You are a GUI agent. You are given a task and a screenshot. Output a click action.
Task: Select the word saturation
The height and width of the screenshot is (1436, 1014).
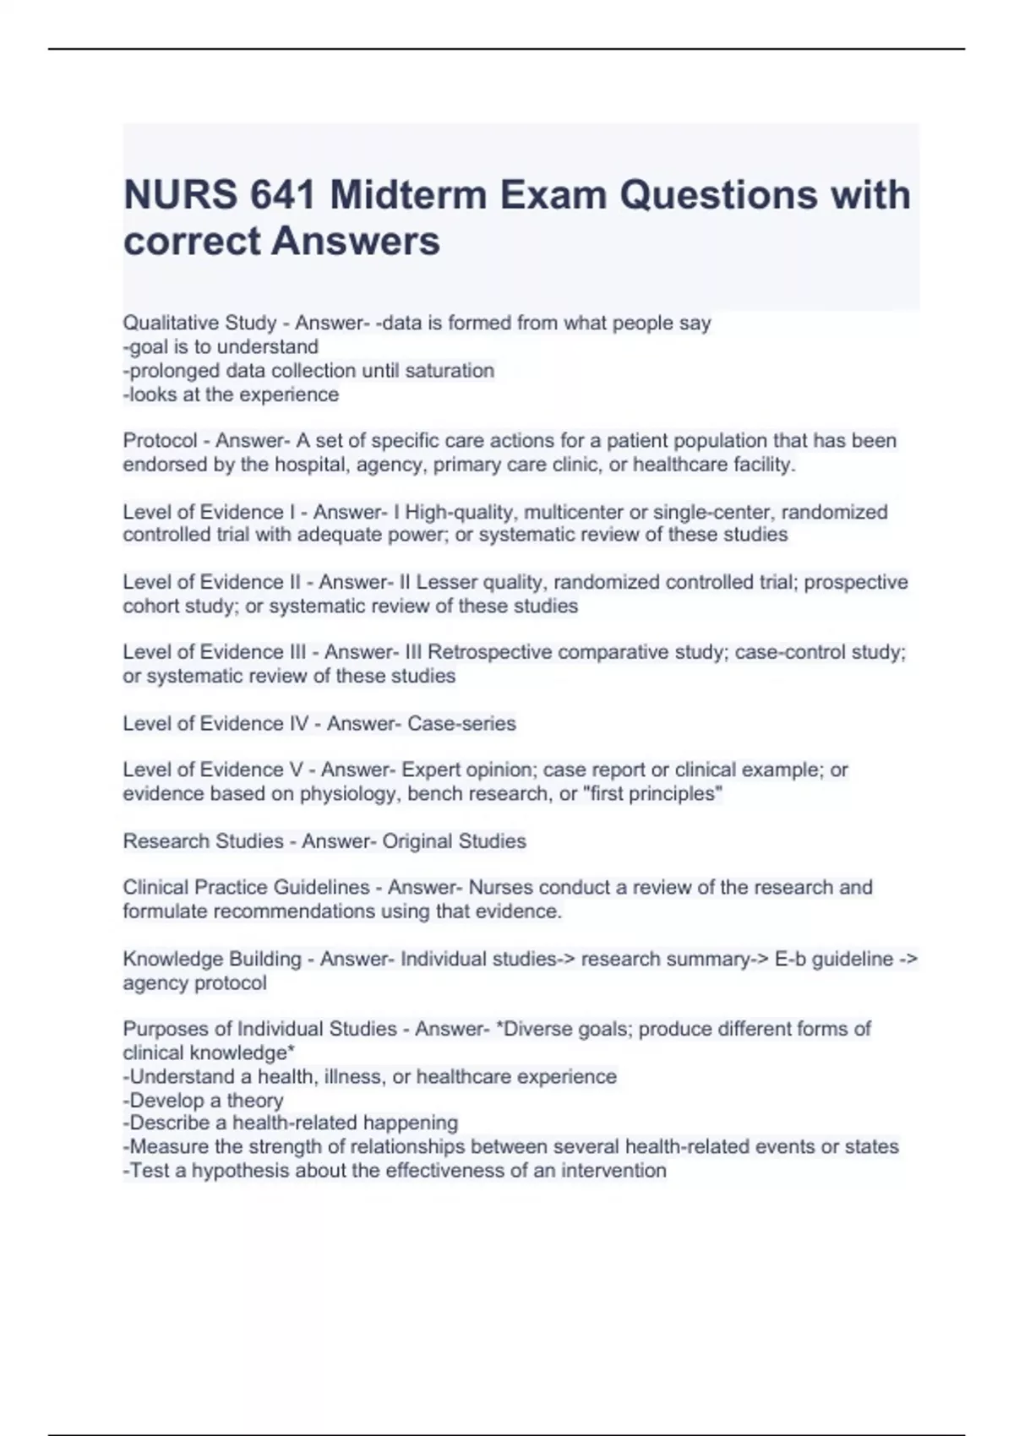point(450,371)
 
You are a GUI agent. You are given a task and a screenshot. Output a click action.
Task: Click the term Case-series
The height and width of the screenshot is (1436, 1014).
point(461,724)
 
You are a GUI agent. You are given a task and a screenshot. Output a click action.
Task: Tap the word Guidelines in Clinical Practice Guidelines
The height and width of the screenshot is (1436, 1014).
point(324,888)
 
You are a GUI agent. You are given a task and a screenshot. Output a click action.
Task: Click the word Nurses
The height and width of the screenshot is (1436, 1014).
point(498,888)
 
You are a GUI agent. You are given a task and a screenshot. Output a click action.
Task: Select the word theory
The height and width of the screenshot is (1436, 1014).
point(255,1101)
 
